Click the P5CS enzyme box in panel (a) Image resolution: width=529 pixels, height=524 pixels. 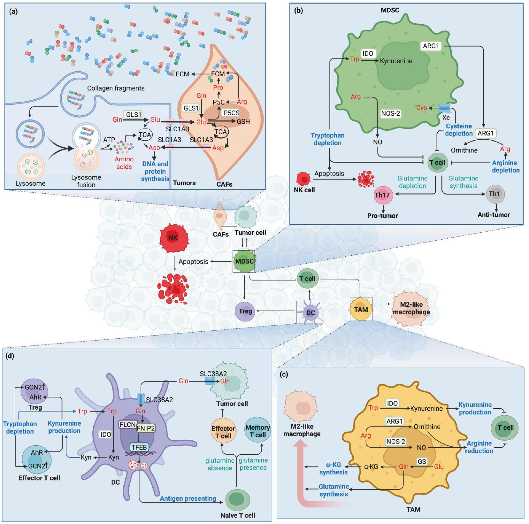coord(231,113)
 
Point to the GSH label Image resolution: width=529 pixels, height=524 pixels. coord(243,122)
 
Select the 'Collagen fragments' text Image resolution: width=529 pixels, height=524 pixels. coord(116,88)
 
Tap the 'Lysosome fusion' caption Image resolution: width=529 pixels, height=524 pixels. coord(86,181)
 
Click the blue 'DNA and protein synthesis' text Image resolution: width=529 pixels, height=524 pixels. coord(155,171)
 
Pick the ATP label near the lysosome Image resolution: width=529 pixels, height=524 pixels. coord(109,140)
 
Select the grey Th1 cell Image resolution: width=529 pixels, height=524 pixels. coord(495,194)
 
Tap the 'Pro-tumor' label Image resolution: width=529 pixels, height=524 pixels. coord(382,216)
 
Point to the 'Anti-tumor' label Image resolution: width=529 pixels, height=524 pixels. coord(494,215)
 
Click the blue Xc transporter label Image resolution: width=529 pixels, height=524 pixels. coord(446,118)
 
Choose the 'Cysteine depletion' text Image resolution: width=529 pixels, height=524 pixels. coord(459,130)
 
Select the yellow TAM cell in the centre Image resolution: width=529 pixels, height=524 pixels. coord(361,309)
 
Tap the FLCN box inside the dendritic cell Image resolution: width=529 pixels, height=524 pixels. coord(127,425)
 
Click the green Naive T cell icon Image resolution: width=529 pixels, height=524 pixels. coord(238,500)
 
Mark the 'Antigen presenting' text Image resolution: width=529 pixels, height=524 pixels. coord(188,498)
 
